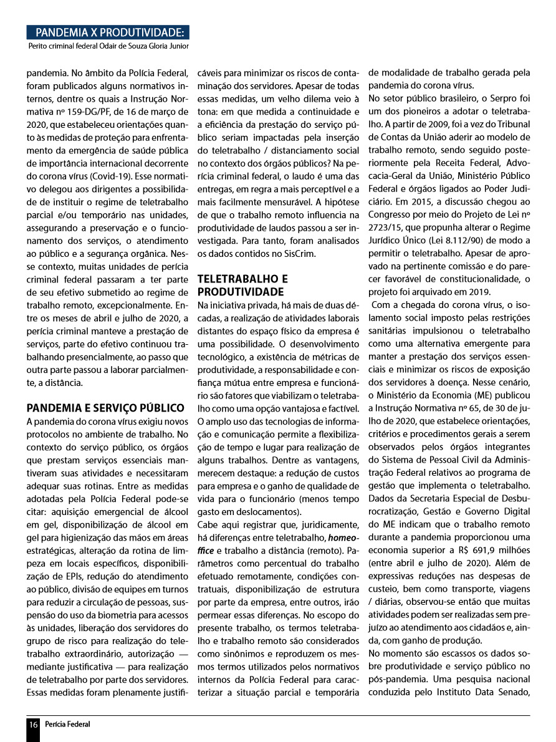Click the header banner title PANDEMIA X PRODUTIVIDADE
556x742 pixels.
[x=109, y=32]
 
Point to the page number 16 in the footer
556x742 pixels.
[x=33, y=724]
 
